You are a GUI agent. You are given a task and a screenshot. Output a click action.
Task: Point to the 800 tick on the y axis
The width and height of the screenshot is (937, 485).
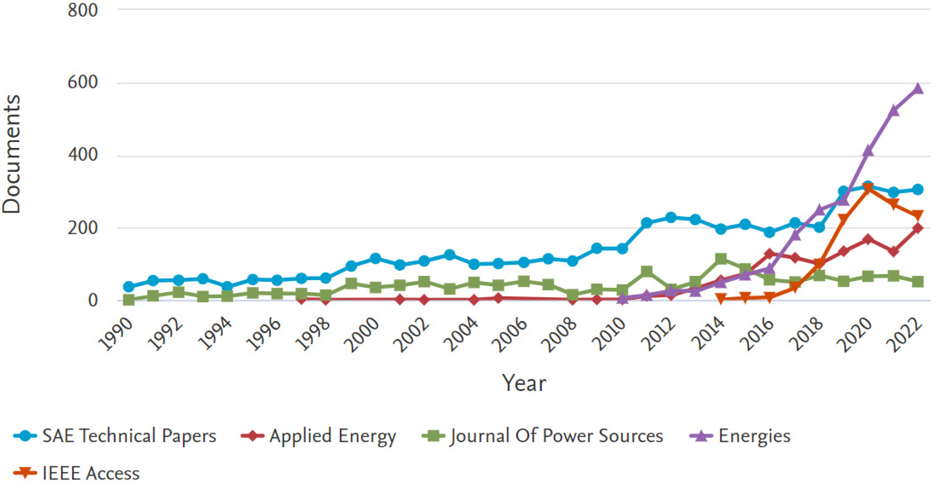coord(83,10)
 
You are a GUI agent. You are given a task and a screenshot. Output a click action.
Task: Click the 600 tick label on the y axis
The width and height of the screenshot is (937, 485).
coord(83,83)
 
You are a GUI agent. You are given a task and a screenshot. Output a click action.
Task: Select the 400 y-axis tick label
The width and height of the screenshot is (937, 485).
coord(83,155)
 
